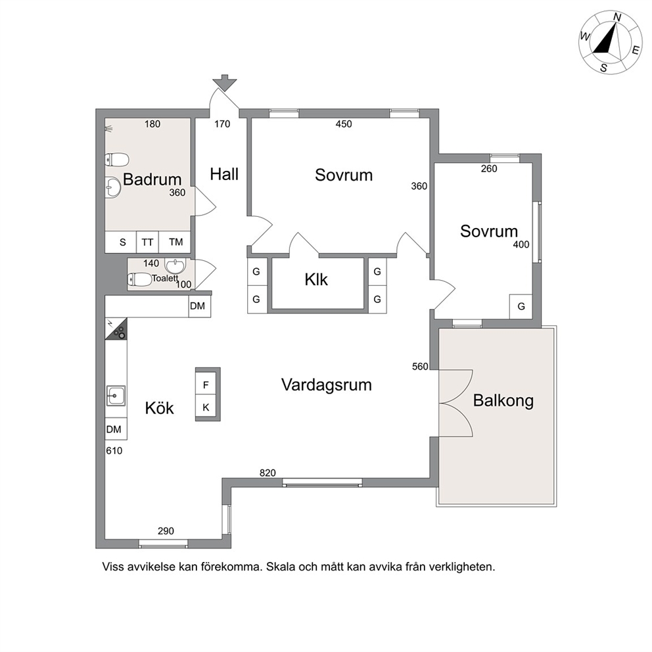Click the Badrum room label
(x=152, y=179)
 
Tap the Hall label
(x=224, y=174)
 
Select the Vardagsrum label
(x=327, y=384)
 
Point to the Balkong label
(x=503, y=400)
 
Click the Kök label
(x=159, y=408)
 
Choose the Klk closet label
(x=316, y=280)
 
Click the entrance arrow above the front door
(x=225, y=83)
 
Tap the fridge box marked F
(x=206, y=385)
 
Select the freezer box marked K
(x=206, y=407)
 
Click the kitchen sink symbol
(x=116, y=395)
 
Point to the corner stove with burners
(x=116, y=329)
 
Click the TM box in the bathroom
(x=176, y=242)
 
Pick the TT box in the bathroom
(x=147, y=242)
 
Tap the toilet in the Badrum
(x=117, y=159)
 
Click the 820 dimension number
(x=268, y=473)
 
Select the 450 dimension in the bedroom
(x=344, y=124)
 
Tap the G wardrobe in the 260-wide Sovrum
(x=521, y=306)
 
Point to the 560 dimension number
(x=420, y=366)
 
